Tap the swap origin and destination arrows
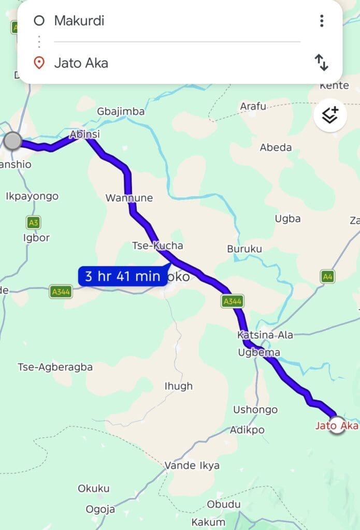coord(321,63)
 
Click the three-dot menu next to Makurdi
coord(322,21)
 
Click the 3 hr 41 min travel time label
coord(123,276)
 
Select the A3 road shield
coord(33,223)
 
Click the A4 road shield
coord(327,277)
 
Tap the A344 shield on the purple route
coord(232,301)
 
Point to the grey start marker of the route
coord(12,141)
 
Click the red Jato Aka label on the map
coord(337,426)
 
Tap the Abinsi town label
coord(85,135)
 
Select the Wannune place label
coord(129,198)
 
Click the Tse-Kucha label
coord(157,245)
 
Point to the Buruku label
coord(244,249)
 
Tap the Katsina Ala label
coord(265,335)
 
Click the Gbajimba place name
coord(121,111)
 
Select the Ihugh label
coord(178,386)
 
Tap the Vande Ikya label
coord(192,465)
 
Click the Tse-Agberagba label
coord(55,367)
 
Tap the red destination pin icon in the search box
coord(38,63)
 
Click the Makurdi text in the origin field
coord(79,21)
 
